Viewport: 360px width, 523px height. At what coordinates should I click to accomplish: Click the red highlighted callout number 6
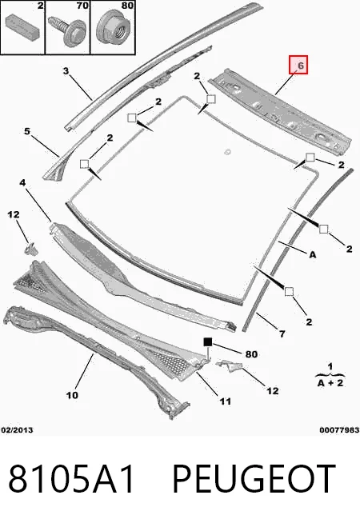pos(301,66)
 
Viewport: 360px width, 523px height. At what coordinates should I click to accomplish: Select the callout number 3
pos(66,70)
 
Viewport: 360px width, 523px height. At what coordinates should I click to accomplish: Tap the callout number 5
pos(27,131)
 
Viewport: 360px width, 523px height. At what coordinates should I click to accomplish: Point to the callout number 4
pos(22,183)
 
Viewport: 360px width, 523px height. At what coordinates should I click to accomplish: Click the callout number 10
pos(72,395)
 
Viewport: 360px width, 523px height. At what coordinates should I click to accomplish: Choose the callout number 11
pos(226,401)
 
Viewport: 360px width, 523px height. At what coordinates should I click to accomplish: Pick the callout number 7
pos(282,333)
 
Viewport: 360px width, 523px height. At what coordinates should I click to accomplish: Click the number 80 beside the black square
pos(251,354)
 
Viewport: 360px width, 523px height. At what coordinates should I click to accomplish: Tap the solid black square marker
pos(208,342)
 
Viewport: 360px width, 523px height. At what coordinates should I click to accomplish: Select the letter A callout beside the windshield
pos(312,255)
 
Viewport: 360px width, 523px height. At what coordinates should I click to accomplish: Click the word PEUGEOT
pos(254,479)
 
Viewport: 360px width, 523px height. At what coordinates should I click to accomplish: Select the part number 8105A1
pos(72,479)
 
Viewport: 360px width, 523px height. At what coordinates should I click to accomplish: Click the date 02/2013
pos(17,430)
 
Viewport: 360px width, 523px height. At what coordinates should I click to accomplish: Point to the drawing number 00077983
pos(339,430)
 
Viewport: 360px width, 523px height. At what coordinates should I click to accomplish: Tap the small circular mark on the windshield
pos(228,152)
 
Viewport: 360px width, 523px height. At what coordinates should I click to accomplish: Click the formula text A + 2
pos(330,383)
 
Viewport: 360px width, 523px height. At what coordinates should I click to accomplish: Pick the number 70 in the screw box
pos(82,6)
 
